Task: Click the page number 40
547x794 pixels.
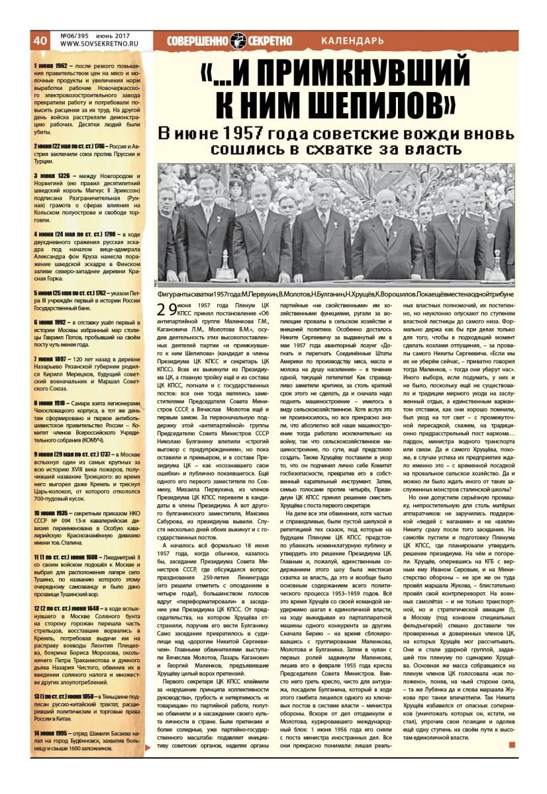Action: pyautogui.click(x=40, y=40)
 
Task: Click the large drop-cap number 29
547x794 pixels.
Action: pyautogui.click(x=167, y=308)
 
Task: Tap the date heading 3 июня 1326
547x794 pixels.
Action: pyautogui.click(x=52, y=176)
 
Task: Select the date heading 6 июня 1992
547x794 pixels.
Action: pyautogui.click(x=52, y=322)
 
